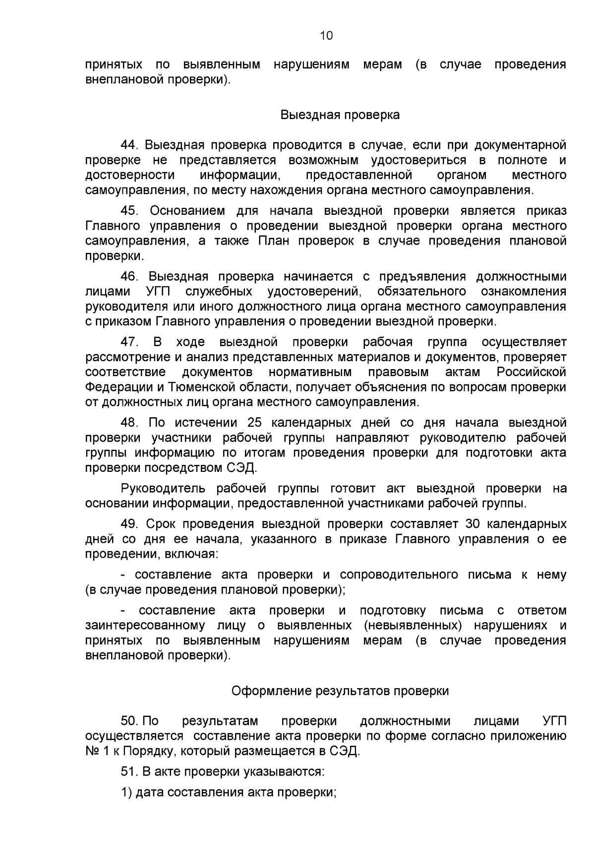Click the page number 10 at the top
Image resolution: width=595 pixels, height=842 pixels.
326,36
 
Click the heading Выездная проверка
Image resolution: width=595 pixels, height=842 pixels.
340,115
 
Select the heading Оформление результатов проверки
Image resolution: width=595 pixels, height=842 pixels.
340,691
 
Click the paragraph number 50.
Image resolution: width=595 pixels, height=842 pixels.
130,720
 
